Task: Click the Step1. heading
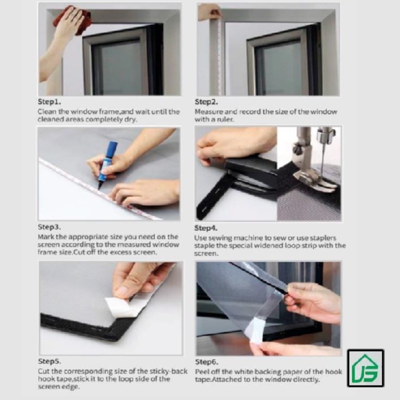pyautogui.click(x=49, y=102)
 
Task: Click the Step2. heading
pyautogui.click(x=206, y=102)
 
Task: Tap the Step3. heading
pyautogui.click(x=49, y=227)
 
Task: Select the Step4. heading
pyautogui.click(x=206, y=228)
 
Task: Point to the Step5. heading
pyautogui.click(x=49, y=361)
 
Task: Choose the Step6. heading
pyautogui.click(x=206, y=361)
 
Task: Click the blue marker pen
pyautogui.click(x=108, y=163)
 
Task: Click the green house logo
pyautogui.click(x=365, y=368)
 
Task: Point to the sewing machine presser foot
pyautogui.click(x=314, y=178)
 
